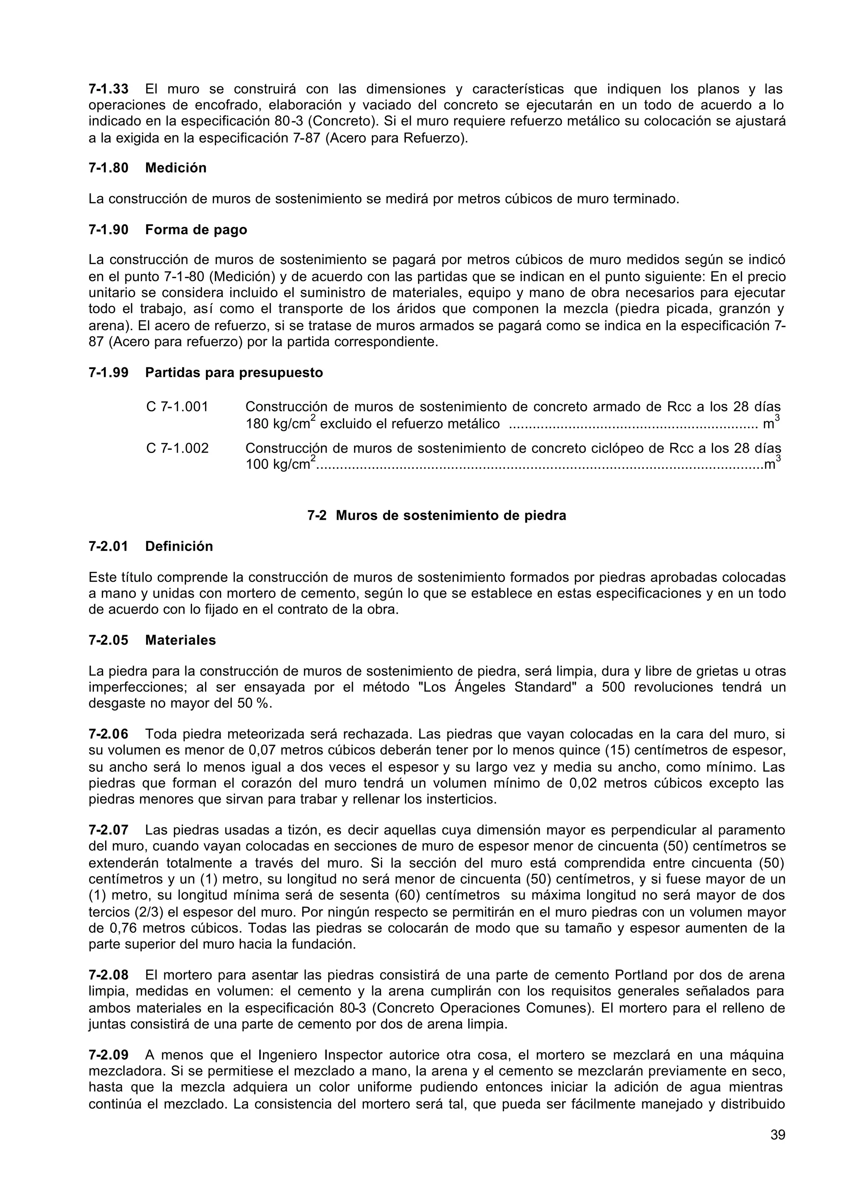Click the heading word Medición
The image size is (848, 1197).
click(176, 168)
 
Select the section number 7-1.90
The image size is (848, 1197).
click(108, 230)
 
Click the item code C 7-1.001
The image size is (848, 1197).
click(177, 406)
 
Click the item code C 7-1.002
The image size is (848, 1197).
click(177, 448)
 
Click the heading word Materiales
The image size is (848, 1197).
click(180, 640)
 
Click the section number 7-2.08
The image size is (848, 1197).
click(108, 975)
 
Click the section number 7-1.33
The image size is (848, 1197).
click(108, 89)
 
